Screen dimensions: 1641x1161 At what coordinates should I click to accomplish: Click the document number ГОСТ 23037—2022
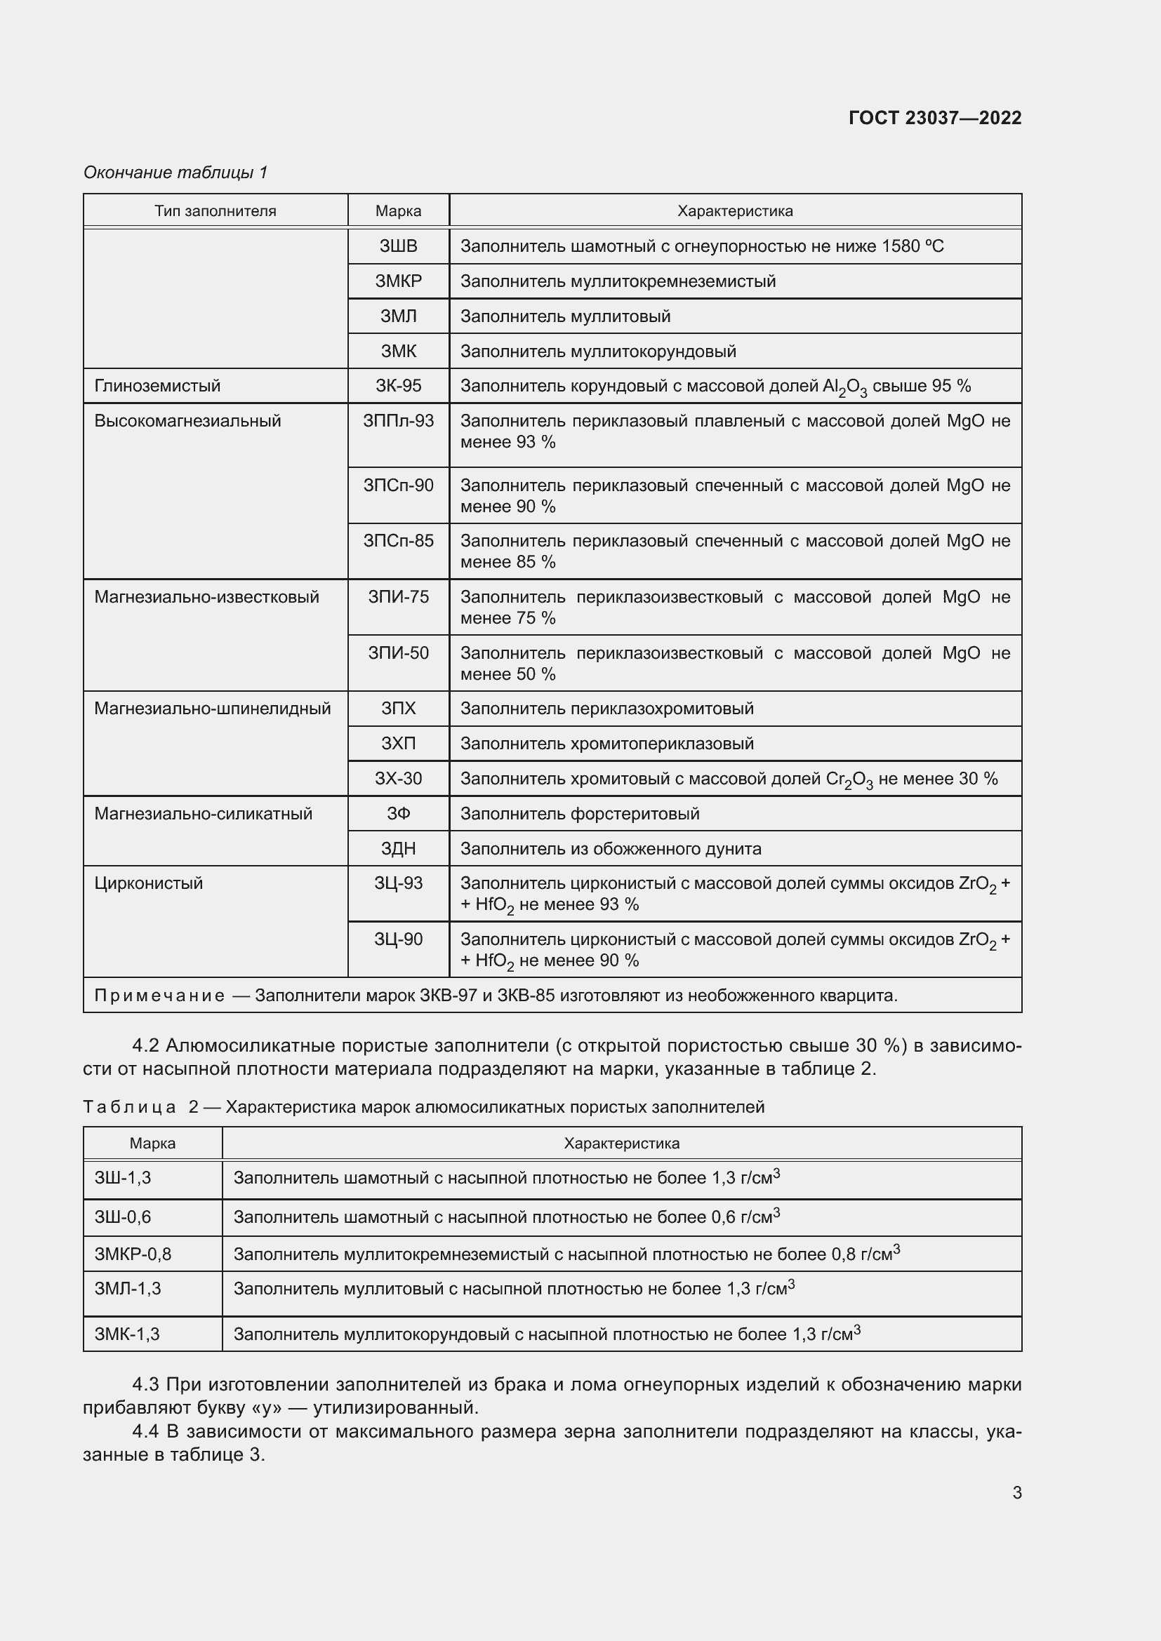(x=934, y=118)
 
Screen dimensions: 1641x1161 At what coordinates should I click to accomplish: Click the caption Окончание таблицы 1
(x=175, y=173)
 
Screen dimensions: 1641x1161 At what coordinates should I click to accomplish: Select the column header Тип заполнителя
(x=215, y=211)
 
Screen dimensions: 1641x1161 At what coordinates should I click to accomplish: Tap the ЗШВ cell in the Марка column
(x=398, y=246)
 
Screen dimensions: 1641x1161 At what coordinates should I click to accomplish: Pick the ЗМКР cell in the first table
(x=398, y=281)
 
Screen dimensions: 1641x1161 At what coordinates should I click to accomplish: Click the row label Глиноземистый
(x=157, y=386)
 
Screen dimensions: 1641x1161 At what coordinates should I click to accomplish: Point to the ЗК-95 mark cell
(x=398, y=386)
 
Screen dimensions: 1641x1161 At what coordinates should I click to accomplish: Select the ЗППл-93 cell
(x=398, y=421)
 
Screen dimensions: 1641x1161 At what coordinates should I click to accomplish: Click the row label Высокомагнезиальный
(x=187, y=421)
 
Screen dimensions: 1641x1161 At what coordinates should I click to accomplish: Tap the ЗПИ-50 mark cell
(x=398, y=652)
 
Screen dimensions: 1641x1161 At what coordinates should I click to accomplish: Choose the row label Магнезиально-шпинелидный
(x=212, y=709)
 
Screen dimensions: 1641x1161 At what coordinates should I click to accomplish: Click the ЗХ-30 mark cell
(x=398, y=778)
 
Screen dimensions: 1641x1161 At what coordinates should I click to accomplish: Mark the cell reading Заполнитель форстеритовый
(x=579, y=813)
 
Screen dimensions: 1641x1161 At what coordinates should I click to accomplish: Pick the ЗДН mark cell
(x=398, y=848)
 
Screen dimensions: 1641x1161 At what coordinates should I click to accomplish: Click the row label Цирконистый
(x=149, y=883)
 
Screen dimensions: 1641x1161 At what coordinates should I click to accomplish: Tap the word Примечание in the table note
(x=159, y=996)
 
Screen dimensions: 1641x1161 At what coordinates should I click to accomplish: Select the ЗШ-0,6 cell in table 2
(x=123, y=1217)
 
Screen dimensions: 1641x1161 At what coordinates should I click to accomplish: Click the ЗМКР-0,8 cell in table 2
(x=133, y=1254)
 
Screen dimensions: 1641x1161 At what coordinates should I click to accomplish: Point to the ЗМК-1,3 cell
(x=127, y=1334)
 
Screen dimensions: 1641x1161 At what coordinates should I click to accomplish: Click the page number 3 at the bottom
(x=1016, y=1493)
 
